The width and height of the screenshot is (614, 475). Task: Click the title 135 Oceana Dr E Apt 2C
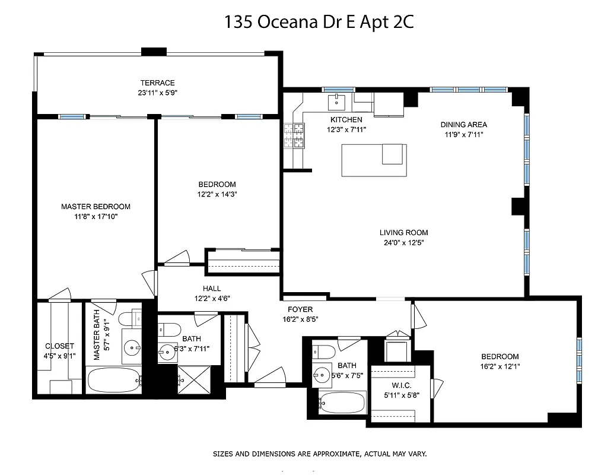tap(319, 22)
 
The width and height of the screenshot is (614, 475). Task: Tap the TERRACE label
tap(157, 83)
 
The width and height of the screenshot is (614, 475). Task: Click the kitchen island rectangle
tap(374, 160)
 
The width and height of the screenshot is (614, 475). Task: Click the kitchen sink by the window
tap(338, 100)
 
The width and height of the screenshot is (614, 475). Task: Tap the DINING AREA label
tap(463, 125)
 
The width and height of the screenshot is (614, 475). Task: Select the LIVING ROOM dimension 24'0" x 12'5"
tap(403, 242)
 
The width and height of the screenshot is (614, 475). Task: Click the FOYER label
tap(300, 309)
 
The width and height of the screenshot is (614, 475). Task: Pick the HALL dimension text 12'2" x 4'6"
tap(212, 299)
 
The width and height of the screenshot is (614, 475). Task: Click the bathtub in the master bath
tap(114, 380)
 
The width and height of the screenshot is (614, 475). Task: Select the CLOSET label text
tap(60, 346)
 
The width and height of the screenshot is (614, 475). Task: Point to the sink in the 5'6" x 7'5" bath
tap(323, 375)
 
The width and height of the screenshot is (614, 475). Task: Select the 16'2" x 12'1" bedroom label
tap(500, 356)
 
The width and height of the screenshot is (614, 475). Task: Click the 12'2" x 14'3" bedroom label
tap(217, 185)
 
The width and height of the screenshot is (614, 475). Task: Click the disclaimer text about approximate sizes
tap(320, 454)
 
